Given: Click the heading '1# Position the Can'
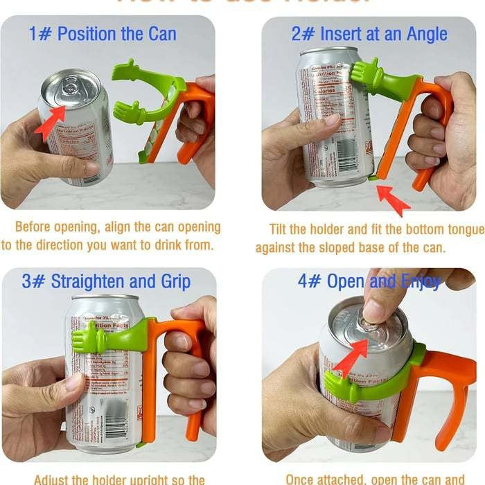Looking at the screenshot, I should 103,34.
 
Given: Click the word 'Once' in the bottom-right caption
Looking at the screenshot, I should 303,478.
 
